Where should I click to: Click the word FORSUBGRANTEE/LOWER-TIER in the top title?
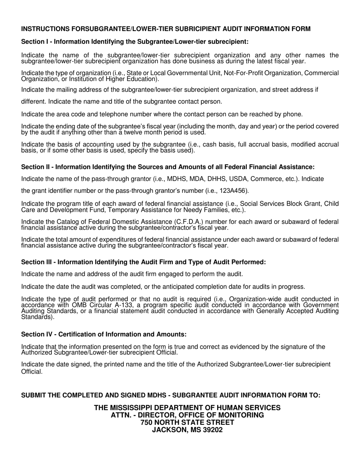click(105, 29)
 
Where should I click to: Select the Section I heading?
click(135, 41)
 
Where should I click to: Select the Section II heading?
click(167, 167)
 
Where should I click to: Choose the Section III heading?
click(143, 262)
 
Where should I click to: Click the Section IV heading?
click(104, 334)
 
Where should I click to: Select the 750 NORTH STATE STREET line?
click(187, 422)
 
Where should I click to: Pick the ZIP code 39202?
click(212, 430)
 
